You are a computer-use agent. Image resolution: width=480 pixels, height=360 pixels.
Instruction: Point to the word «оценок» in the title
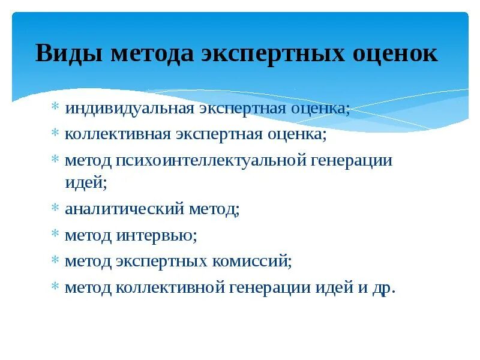pos(397,53)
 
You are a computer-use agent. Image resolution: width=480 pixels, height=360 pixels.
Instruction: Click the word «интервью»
pos(157,235)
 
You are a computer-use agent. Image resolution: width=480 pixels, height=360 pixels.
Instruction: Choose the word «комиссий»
pos(253,261)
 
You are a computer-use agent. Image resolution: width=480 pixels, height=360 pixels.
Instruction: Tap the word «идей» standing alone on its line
pos(85,183)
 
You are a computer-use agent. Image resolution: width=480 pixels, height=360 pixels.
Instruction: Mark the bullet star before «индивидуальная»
pos(55,109)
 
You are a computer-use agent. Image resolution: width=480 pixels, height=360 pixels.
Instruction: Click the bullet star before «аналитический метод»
pos(55,209)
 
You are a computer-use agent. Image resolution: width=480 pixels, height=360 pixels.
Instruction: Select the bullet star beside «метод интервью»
pos(55,235)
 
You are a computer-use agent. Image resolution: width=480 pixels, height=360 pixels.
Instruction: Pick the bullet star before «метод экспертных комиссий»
pos(55,261)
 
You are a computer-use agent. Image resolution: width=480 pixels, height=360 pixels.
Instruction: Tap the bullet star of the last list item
pos(55,287)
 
